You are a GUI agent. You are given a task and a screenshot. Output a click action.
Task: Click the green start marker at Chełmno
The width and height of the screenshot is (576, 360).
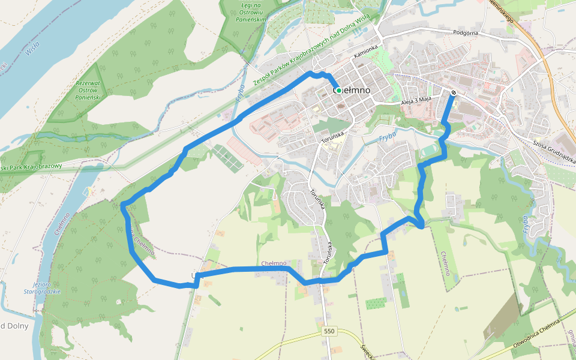click(x=339, y=90)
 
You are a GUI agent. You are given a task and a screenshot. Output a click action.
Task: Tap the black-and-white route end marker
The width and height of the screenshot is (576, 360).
click(x=454, y=92)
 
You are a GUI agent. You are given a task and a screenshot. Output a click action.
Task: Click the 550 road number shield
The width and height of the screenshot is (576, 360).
click(x=328, y=331)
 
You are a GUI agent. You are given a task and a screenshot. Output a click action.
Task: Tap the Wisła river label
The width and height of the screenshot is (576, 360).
click(x=33, y=47)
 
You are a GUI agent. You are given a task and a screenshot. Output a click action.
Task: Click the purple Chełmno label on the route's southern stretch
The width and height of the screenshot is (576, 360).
click(x=274, y=263)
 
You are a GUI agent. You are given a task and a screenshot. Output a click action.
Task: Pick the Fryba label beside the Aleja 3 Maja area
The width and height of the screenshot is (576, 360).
click(x=388, y=137)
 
